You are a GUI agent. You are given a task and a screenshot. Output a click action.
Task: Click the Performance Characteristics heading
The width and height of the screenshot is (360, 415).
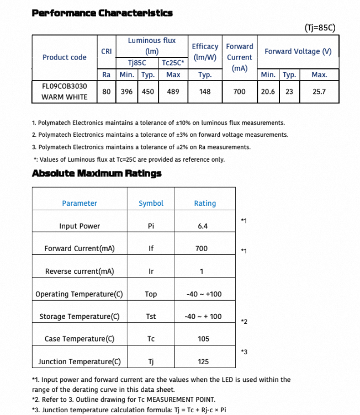(x=102, y=13)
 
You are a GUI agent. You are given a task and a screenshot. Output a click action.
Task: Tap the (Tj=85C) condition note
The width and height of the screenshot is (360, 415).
(x=320, y=27)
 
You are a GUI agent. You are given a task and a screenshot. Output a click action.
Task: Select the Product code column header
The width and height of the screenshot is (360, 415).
(x=64, y=57)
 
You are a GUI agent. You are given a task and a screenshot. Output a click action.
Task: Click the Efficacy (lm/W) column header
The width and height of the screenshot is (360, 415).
(x=205, y=51)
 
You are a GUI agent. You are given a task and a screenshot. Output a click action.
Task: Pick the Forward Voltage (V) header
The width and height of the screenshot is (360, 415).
(x=298, y=51)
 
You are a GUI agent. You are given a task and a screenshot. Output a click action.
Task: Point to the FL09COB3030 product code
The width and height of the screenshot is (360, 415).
(x=64, y=86)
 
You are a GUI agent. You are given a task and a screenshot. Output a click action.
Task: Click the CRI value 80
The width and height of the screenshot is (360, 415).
(x=107, y=92)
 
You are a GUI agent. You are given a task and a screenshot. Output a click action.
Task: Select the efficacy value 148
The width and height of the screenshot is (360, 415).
(x=205, y=92)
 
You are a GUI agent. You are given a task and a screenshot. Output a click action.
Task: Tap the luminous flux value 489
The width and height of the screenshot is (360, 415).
(x=173, y=92)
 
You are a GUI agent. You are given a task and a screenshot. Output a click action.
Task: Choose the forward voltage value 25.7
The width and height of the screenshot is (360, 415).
(x=319, y=92)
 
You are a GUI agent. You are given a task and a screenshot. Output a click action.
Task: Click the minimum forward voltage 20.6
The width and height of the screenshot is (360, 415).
(x=268, y=92)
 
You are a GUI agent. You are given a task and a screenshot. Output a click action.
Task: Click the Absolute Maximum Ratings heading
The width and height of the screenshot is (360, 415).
(x=97, y=173)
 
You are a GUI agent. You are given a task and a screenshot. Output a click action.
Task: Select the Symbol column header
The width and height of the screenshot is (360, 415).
(x=151, y=203)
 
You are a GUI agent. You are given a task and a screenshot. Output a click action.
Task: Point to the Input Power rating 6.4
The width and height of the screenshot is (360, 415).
(x=202, y=226)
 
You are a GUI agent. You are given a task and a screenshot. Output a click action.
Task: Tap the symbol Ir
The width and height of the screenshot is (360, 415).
(x=151, y=271)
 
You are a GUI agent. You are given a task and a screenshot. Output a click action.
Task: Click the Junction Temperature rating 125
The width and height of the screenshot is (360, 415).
(x=203, y=361)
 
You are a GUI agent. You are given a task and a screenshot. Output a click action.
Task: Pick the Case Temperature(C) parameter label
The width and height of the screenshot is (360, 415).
(x=80, y=339)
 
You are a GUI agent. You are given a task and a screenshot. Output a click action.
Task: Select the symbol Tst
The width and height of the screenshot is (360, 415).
(x=151, y=316)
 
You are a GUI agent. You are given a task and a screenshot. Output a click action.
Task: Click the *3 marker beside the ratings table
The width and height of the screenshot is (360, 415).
(x=244, y=352)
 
